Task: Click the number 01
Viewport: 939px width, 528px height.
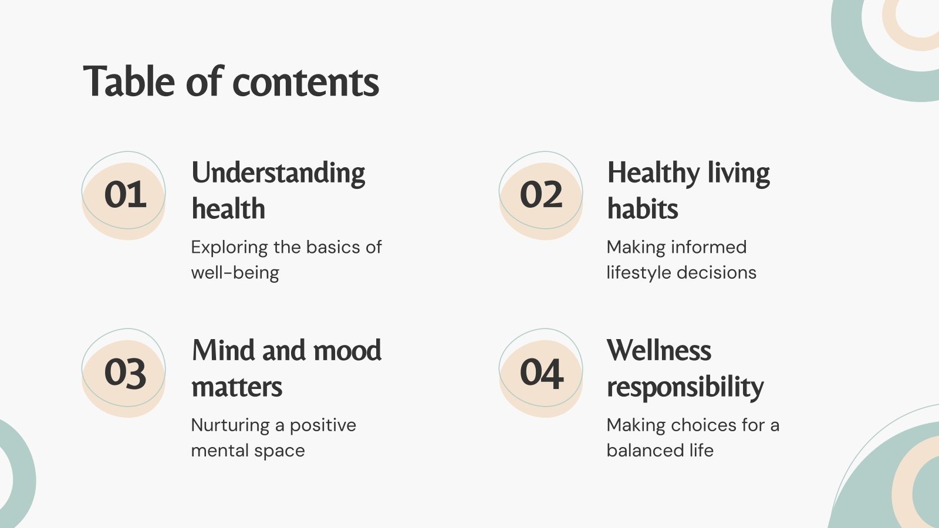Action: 125,195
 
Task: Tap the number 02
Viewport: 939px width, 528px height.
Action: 541,195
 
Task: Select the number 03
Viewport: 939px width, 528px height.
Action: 125,373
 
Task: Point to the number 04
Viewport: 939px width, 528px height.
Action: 542,373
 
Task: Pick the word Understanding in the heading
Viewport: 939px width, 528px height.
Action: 278,174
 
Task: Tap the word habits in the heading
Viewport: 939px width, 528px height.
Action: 643,209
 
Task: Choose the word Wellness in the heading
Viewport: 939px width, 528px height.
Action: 659,351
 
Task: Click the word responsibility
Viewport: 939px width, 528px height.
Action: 685,388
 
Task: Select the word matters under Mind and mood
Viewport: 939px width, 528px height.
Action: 237,387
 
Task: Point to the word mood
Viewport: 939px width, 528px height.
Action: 347,351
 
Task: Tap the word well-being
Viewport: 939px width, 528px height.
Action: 235,273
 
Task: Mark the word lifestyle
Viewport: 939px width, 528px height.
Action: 639,273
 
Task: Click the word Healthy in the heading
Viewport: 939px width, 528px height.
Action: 653,174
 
